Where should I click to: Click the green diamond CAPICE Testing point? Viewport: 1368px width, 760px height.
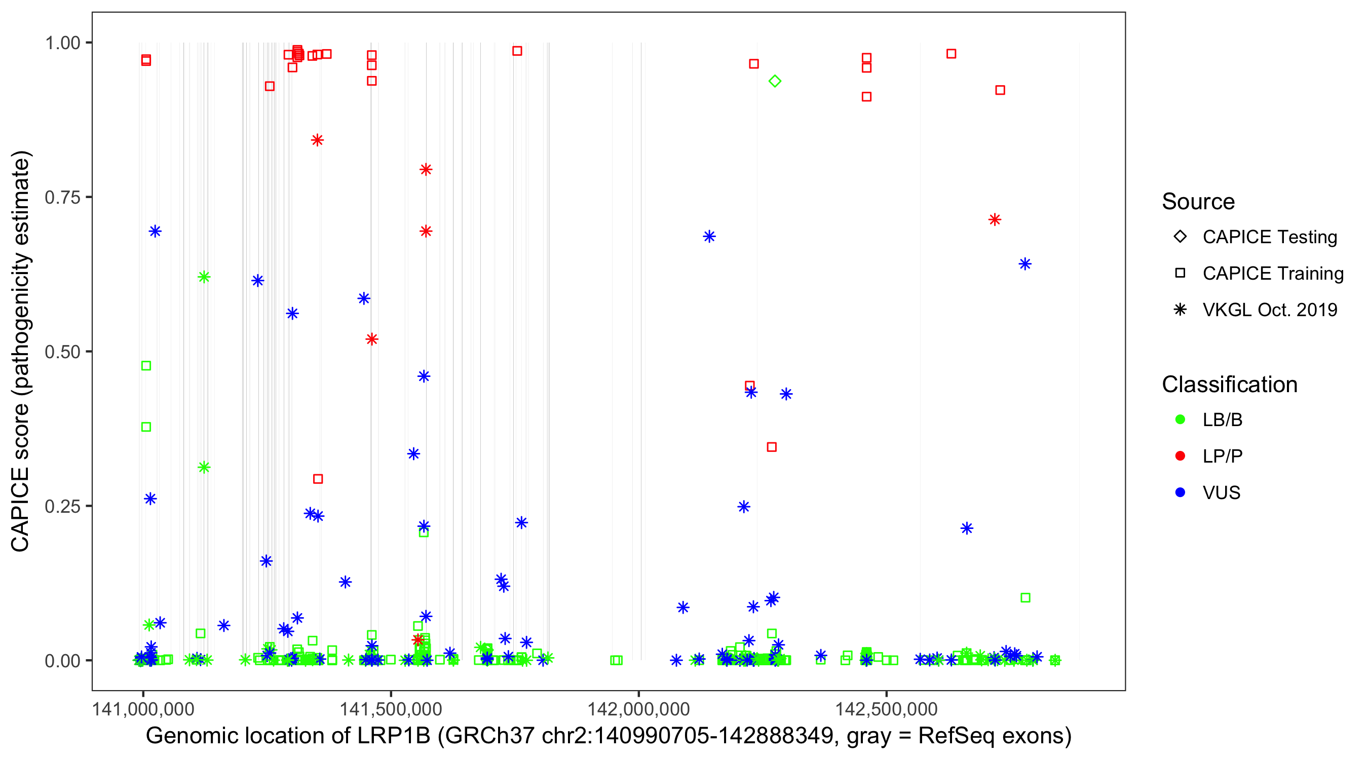coord(775,81)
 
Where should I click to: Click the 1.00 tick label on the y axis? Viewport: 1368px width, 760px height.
coord(62,43)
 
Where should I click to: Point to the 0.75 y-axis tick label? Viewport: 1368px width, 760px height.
coord(62,198)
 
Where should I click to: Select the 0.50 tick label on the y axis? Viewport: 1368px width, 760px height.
coord(62,352)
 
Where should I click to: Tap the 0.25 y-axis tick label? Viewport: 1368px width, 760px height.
coord(62,506)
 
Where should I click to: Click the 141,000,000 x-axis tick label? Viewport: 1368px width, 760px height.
coord(143,708)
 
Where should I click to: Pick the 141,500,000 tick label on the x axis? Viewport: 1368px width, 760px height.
coord(391,708)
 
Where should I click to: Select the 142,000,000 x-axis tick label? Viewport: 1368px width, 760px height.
coord(638,708)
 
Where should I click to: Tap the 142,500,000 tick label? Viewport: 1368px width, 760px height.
coord(886,708)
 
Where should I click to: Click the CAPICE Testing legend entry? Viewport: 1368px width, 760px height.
coord(1269,237)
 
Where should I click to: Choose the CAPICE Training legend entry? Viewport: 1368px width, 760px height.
coord(1272,274)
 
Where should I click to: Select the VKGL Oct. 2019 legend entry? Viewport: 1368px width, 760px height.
coord(1269,310)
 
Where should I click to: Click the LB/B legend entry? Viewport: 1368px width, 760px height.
coord(1222,420)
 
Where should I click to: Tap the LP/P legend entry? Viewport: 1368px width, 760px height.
coord(1222,456)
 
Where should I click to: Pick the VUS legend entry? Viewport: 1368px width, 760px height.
coord(1221,493)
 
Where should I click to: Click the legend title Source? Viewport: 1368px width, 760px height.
coord(1198,202)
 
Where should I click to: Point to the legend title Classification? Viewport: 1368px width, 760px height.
coord(1229,385)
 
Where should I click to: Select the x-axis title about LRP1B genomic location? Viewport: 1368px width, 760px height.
coord(609,736)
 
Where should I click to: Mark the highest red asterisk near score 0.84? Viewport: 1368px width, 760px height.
coord(317,140)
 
